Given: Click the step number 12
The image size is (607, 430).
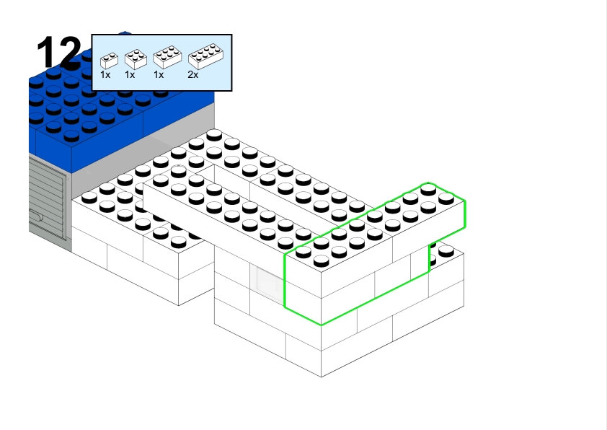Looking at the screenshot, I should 59,53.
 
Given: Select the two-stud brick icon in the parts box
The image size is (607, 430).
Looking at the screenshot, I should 108,60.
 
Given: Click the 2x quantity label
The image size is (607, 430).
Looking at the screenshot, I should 192,74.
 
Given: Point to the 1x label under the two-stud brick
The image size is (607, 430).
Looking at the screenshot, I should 105,74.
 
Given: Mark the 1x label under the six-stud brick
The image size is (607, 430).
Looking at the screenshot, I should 159,74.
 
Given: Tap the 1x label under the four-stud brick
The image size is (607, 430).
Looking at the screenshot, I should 130,74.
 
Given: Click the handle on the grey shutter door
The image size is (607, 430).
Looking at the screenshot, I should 35,214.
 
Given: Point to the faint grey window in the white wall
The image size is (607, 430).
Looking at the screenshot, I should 268,282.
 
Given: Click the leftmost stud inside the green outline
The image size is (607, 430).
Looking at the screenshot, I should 303,253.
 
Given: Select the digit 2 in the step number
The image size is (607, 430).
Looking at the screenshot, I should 70,53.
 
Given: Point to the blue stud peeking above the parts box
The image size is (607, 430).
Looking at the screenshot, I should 125,33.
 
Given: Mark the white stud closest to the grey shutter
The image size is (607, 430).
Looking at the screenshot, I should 89,198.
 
